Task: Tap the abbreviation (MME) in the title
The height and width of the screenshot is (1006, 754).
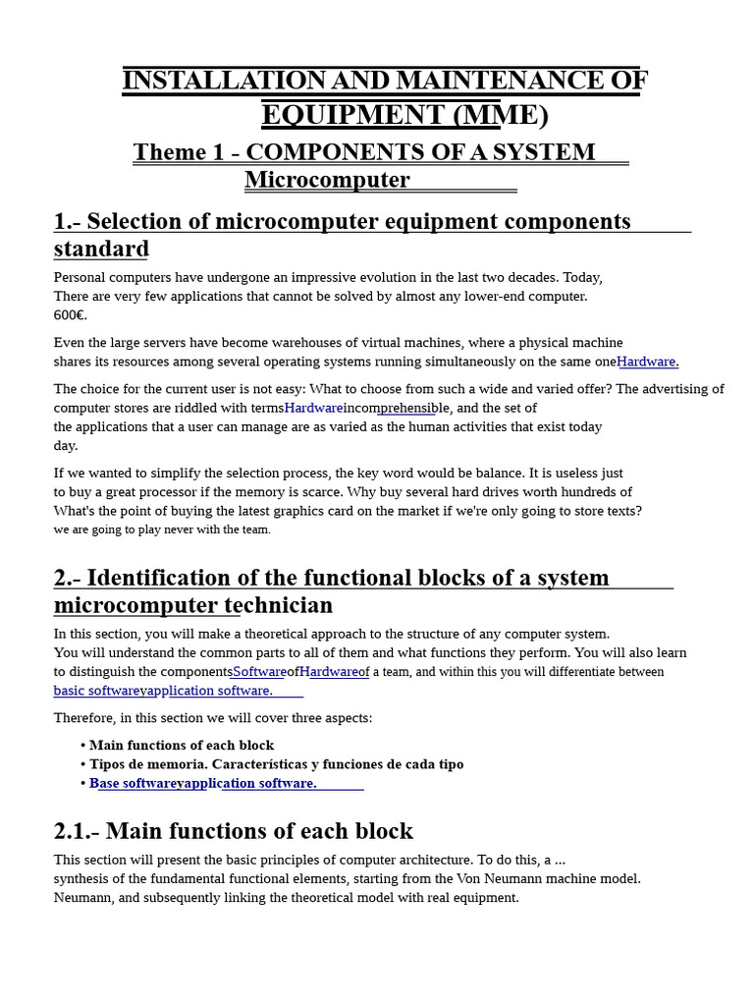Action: [500, 115]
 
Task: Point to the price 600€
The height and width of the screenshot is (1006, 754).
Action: [71, 315]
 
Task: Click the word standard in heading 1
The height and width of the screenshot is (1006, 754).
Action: [101, 249]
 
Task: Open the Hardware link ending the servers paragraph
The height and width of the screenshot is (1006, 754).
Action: [647, 362]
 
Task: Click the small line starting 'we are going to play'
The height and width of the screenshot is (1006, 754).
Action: [162, 530]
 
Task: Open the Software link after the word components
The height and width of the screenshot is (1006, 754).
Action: [258, 672]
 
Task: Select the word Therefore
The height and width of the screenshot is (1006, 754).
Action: [83, 718]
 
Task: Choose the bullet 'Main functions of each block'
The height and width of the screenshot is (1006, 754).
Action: [182, 746]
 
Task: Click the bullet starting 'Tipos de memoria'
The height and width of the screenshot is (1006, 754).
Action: [276, 764]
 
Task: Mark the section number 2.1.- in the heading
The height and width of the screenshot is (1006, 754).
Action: [76, 831]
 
